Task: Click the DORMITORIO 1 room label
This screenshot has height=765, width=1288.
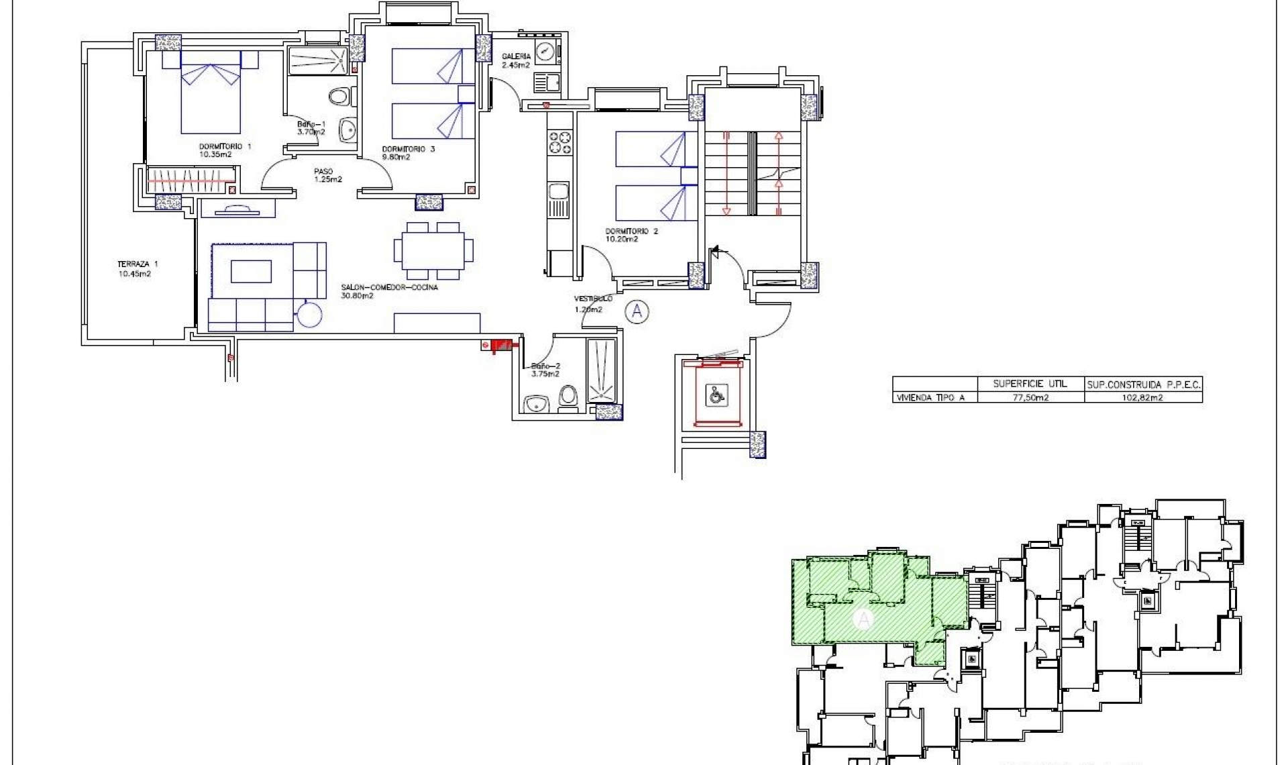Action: [x=225, y=146]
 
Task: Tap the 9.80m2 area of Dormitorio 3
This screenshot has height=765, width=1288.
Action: [x=396, y=157]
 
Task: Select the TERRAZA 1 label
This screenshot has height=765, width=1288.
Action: [x=138, y=264]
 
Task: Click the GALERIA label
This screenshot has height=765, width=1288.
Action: [x=516, y=56]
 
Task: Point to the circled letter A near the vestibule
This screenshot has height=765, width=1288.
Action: [x=637, y=311]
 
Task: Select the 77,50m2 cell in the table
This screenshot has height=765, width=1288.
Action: [x=1030, y=397]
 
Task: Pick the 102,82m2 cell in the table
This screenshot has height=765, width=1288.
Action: [x=1143, y=397]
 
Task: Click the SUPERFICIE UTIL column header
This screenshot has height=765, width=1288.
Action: [x=1030, y=385]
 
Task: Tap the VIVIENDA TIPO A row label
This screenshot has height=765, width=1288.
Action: [x=930, y=397]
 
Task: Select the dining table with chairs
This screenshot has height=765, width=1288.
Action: [x=433, y=250]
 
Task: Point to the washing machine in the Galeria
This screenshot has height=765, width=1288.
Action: [x=545, y=52]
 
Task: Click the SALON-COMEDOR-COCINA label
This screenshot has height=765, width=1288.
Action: [x=389, y=287]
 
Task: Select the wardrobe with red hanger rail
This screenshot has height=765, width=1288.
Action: [x=191, y=180]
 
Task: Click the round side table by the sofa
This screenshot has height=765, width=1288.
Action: [x=310, y=313]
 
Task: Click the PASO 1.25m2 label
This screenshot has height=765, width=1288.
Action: [x=327, y=175]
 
